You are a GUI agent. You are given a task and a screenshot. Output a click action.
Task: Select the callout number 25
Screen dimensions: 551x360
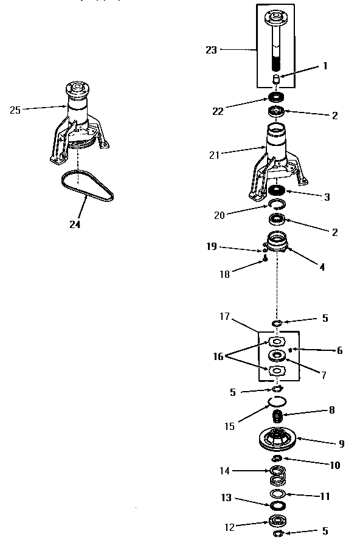pyautogui.click(x=15, y=110)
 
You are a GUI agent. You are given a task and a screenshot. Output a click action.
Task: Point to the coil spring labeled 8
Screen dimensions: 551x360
pyautogui.click(x=277, y=417)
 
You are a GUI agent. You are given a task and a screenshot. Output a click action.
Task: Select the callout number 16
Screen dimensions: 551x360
pyautogui.click(x=218, y=356)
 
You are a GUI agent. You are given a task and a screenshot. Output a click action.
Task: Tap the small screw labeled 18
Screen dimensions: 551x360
pyautogui.click(x=266, y=260)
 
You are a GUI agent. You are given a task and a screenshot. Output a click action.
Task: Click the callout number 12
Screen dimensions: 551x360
pyautogui.click(x=229, y=527)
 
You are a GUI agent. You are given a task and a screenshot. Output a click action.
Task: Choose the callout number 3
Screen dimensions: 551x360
pyautogui.click(x=327, y=197)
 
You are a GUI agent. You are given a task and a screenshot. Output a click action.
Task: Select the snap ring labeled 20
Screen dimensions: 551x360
pyautogui.click(x=277, y=203)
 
